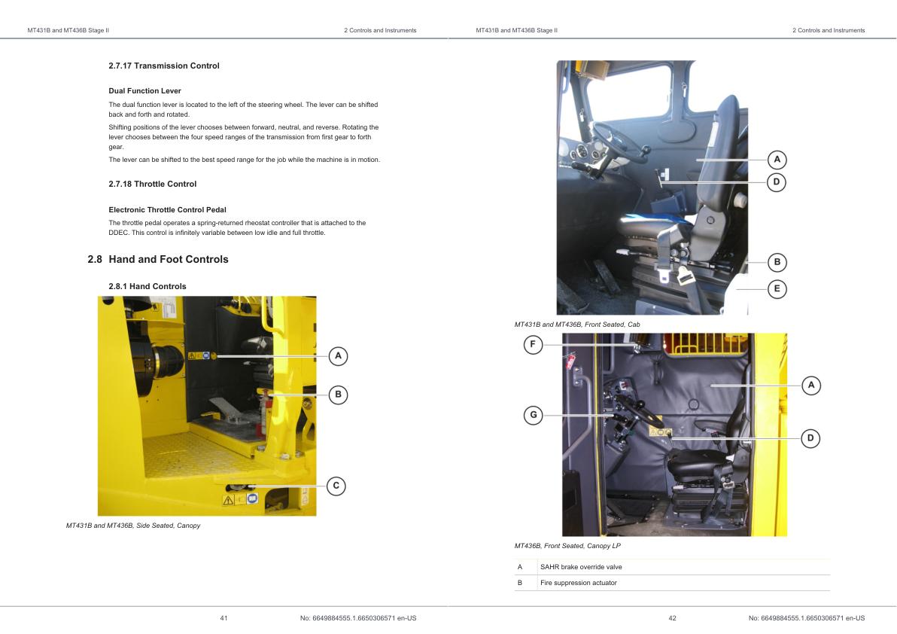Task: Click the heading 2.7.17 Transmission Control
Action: point(164,66)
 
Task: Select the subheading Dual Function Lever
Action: point(144,91)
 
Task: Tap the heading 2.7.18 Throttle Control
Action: point(153,184)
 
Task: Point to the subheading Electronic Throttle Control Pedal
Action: point(167,209)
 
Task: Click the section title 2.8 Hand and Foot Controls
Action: point(157,259)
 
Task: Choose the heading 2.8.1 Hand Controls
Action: point(147,286)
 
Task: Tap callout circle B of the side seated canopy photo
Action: point(338,394)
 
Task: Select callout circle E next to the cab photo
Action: point(777,288)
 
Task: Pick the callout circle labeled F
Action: point(533,345)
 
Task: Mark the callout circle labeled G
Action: point(533,415)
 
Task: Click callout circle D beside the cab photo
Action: point(777,181)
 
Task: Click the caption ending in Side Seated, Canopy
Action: point(133,526)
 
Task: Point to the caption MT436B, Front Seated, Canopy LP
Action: point(567,546)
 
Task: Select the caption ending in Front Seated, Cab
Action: point(577,325)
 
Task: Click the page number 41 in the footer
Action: point(223,618)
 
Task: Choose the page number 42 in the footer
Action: point(672,618)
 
